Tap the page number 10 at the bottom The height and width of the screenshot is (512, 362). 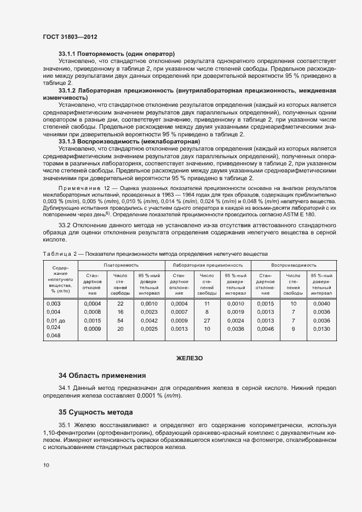point(46,465)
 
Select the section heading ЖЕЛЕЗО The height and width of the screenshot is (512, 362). point(189,358)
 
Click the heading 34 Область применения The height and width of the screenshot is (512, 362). point(102,376)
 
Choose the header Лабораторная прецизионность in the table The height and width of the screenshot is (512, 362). point(208,264)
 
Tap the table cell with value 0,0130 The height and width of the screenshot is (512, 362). point(321,329)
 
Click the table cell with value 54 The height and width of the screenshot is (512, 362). point(120,320)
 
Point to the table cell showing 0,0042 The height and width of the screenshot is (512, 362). point(149,320)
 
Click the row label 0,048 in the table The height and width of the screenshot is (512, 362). point(54,336)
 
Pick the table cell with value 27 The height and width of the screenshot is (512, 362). point(207,320)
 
